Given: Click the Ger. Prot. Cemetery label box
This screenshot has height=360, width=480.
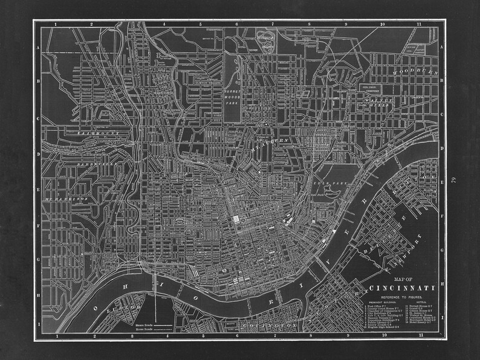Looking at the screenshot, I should [x=368, y=89].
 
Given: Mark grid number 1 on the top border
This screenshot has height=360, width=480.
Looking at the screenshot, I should [x=55, y=25].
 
